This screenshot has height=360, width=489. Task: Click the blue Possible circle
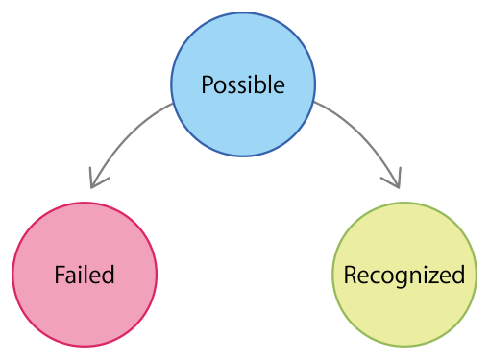[243, 58]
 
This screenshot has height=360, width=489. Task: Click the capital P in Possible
[207, 84]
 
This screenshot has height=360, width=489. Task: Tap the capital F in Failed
[60, 276]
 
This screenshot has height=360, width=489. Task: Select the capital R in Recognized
[350, 276]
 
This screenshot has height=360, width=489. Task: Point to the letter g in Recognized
[394, 279]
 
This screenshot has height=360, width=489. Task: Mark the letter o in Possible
[220, 86]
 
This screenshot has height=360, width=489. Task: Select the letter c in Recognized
[373, 277]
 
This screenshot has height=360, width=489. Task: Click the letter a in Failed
[71, 277]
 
